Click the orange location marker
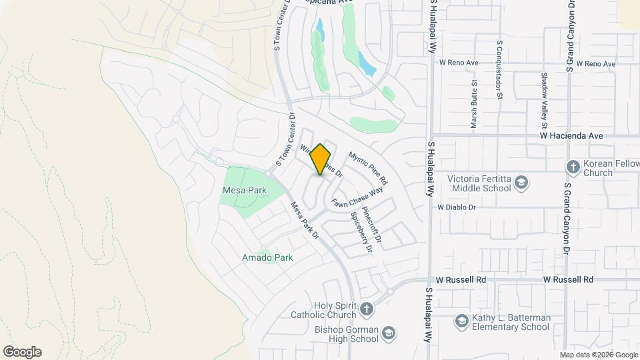(x=321, y=159)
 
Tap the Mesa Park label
(x=244, y=191)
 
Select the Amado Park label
(x=267, y=257)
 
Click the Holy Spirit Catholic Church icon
(x=366, y=309)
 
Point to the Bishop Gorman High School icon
(x=389, y=333)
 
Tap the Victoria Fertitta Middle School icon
(x=521, y=183)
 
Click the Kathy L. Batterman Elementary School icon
(x=461, y=322)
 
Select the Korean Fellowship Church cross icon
(x=572, y=165)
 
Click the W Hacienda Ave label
(x=571, y=135)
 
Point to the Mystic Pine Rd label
(x=368, y=167)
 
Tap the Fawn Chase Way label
(x=357, y=197)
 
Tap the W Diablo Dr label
(x=457, y=207)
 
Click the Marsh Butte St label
(x=474, y=105)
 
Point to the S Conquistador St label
(x=499, y=69)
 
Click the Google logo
(x=22, y=352)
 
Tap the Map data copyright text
(x=598, y=355)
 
